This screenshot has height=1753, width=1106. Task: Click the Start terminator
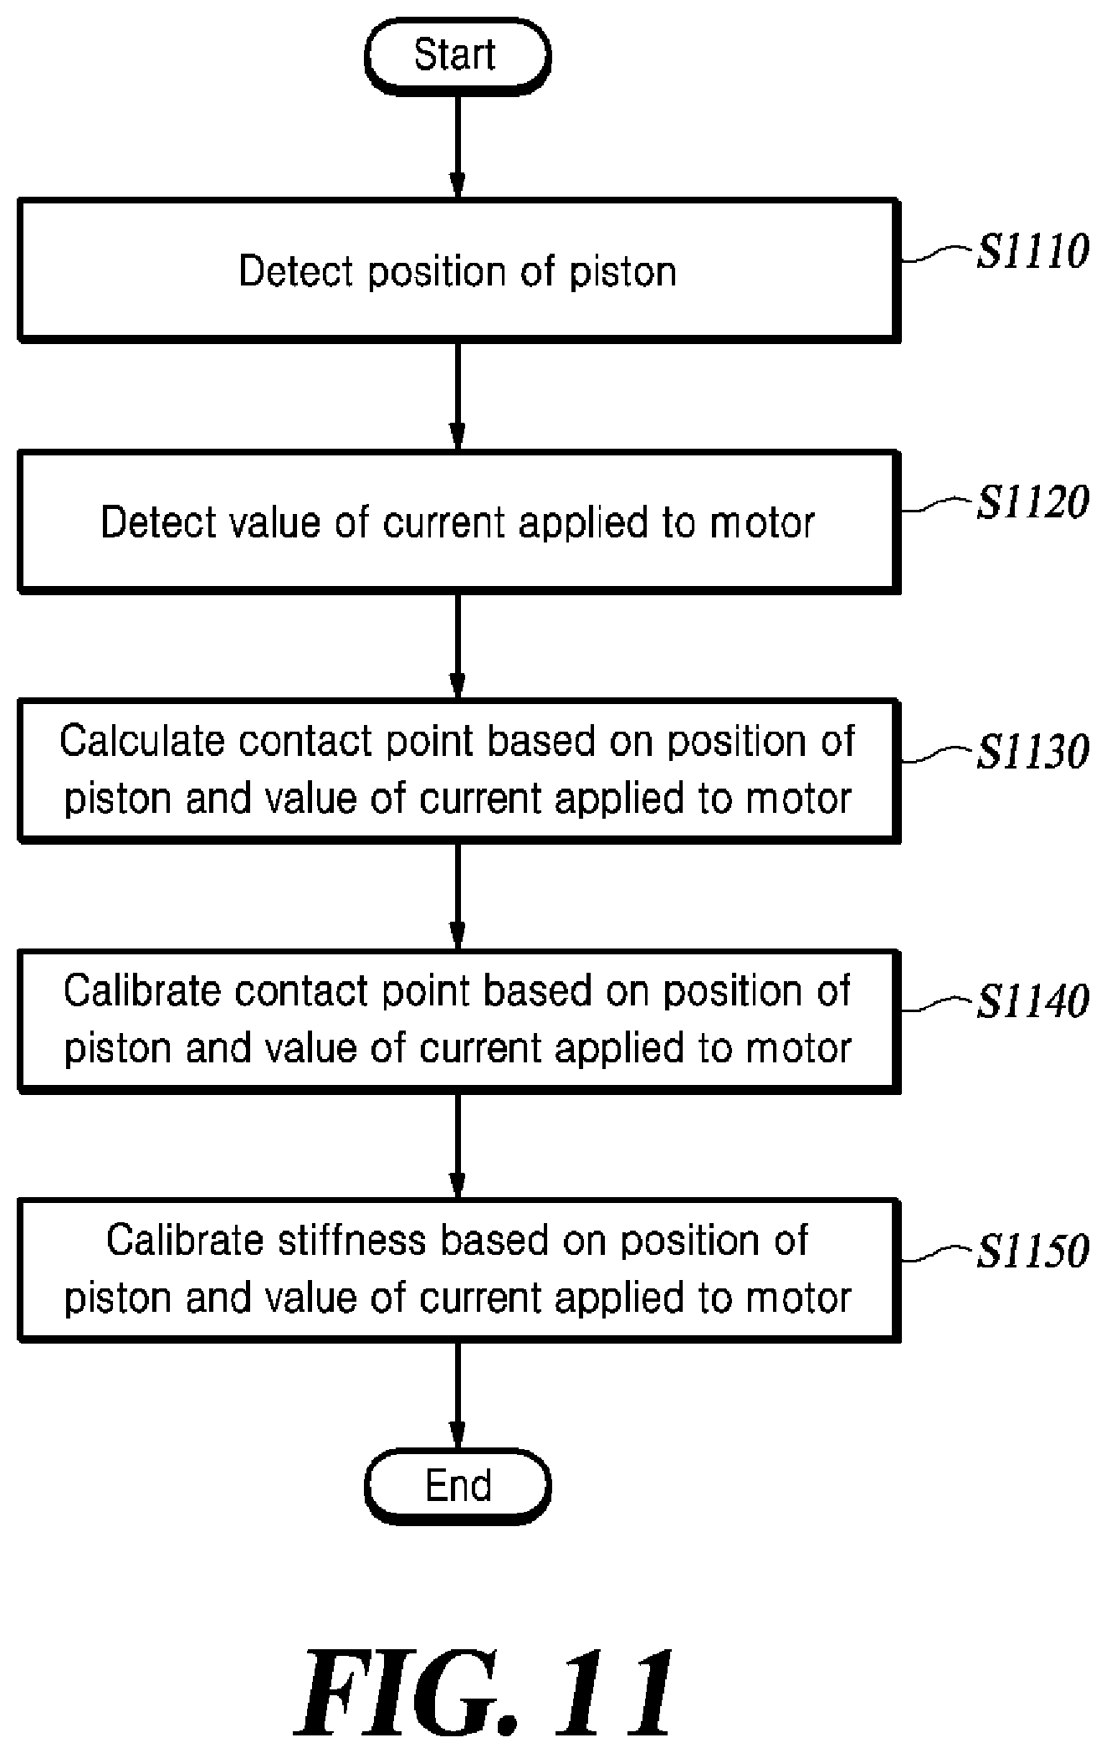tap(458, 55)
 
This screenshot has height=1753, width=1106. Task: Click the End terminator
tap(458, 1486)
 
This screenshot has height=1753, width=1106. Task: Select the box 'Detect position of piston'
tap(458, 270)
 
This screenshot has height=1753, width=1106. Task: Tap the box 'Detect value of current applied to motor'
tap(458, 522)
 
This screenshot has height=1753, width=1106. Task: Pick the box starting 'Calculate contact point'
tap(458, 770)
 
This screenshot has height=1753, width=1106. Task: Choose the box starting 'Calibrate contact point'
tap(458, 1020)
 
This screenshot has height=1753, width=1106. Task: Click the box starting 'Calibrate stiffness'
tap(458, 1270)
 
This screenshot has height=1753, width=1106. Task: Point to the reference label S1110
tap(1033, 251)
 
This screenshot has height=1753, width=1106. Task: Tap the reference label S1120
tap(1033, 501)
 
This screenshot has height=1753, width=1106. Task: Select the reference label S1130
tap(1033, 751)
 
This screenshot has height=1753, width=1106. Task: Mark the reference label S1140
tap(1033, 1000)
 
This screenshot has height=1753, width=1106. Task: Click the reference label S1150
tap(1033, 1251)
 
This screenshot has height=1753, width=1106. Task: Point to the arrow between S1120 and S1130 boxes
tap(458, 646)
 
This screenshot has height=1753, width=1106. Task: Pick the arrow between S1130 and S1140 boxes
tap(458, 896)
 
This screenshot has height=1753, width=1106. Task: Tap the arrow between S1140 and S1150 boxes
tap(458, 1146)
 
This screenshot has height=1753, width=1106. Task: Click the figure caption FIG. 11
tap(488, 1691)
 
